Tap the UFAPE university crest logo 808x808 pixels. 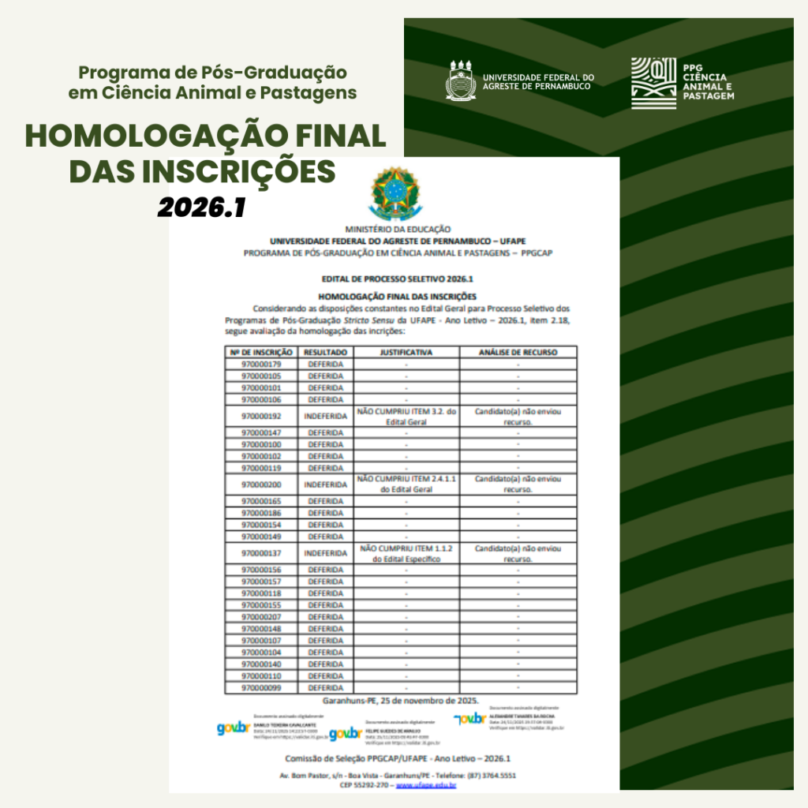click(x=462, y=80)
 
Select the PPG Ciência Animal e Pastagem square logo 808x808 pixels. click(x=653, y=83)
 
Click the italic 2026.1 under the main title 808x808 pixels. click(x=202, y=208)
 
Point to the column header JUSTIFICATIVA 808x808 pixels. click(x=406, y=352)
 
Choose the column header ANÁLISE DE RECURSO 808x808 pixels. click(x=518, y=352)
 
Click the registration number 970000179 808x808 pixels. click(x=261, y=365)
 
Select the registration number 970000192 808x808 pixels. click(x=261, y=416)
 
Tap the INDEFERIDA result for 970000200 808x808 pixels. click(x=325, y=484)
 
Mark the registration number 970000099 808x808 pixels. click(x=261, y=688)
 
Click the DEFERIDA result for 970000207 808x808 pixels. click(x=325, y=616)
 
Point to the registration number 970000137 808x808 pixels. click(x=261, y=553)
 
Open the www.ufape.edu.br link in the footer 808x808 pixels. click(x=426, y=786)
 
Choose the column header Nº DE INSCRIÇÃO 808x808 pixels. click(x=261, y=352)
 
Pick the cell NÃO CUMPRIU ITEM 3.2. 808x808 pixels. click(x=406, y=416)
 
